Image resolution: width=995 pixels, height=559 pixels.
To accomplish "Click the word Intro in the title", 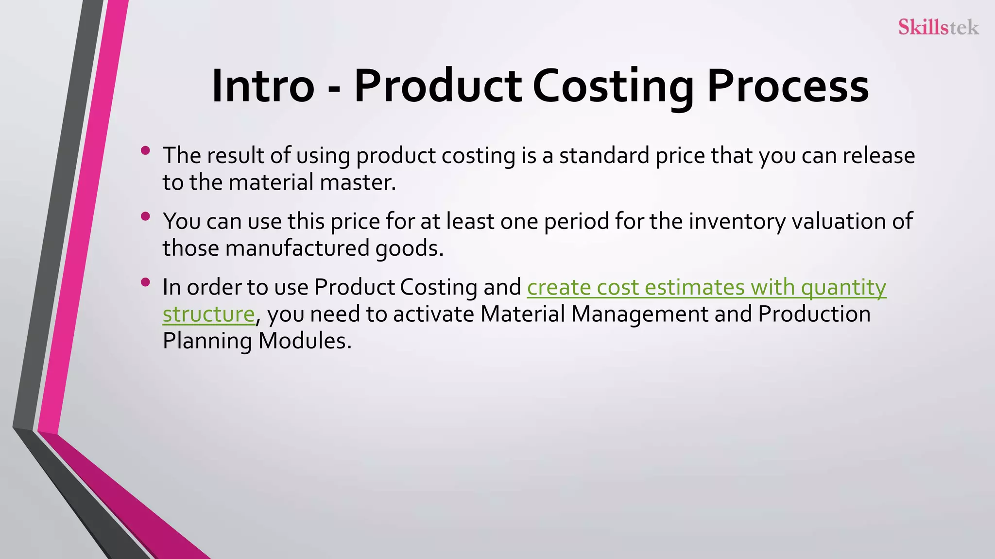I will [x=263, y=86].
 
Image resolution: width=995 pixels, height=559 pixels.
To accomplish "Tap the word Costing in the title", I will [x=613, y=86].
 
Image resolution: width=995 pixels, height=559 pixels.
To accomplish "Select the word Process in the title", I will [x=788, y=86].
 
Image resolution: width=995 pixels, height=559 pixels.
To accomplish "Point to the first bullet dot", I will [x=145, y=151].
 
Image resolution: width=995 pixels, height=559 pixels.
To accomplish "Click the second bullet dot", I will [x=145, y=216].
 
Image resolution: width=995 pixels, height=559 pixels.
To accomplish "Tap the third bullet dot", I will [x=145, y=282].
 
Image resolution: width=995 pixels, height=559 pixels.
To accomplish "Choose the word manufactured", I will [x=297, y=248].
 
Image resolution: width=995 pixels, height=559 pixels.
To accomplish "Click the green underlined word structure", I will [x=208, y=314].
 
